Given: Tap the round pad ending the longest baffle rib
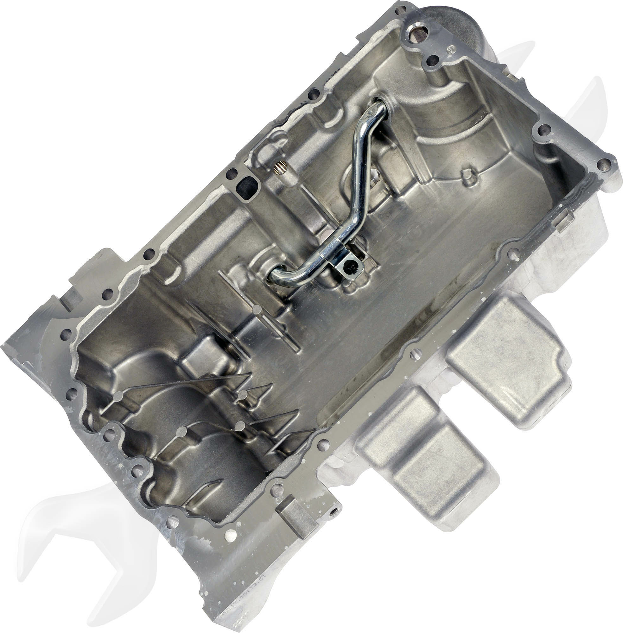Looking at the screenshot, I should [x=118, y=398].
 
